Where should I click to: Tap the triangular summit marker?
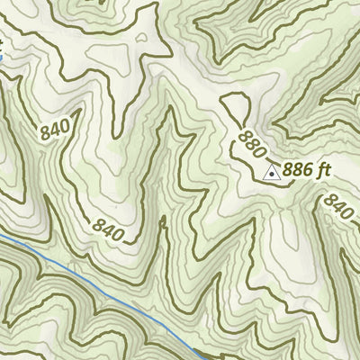[x=271, y=171]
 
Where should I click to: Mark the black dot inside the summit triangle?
[x=271, y=172]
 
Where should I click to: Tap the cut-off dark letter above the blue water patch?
[x=2, y=41]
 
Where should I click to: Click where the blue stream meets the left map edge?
[x=1, y=235]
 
